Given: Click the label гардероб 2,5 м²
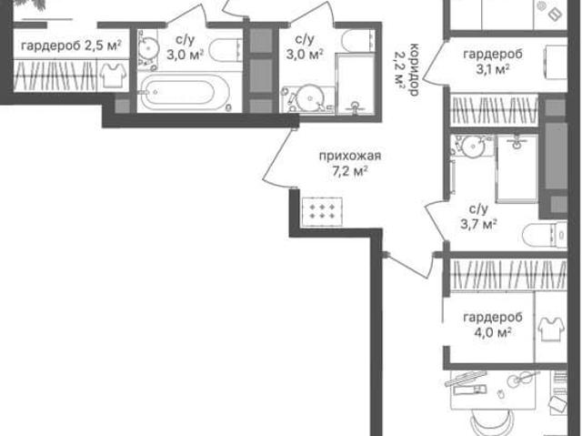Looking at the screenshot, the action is click(x=71, y=46).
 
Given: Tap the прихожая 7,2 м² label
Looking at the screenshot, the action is click(x=350, y=164).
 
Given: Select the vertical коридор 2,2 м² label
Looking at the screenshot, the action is click(x=406, y=70).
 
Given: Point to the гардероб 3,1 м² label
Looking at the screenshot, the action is click(x=493, y=62).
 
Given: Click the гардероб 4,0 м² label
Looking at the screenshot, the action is click(x=493, y=325).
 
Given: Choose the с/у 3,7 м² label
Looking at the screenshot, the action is click(x=478, y=217).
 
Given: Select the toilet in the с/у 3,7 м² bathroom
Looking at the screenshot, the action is click(x=545, y=235).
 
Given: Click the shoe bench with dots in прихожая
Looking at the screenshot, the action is click(x=322, y=212).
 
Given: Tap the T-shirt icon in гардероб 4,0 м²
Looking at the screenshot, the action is click(x=552, y=329).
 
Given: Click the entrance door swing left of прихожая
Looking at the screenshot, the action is click(x=277, y=157).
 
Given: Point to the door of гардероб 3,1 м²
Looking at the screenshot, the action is click(x=435, y=62).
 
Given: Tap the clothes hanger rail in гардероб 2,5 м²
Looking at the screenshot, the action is click(x=55, y=76).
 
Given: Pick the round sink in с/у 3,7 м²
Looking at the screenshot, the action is click(x=473, y=147).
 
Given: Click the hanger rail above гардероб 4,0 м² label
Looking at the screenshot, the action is click(x=509, y=274).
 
